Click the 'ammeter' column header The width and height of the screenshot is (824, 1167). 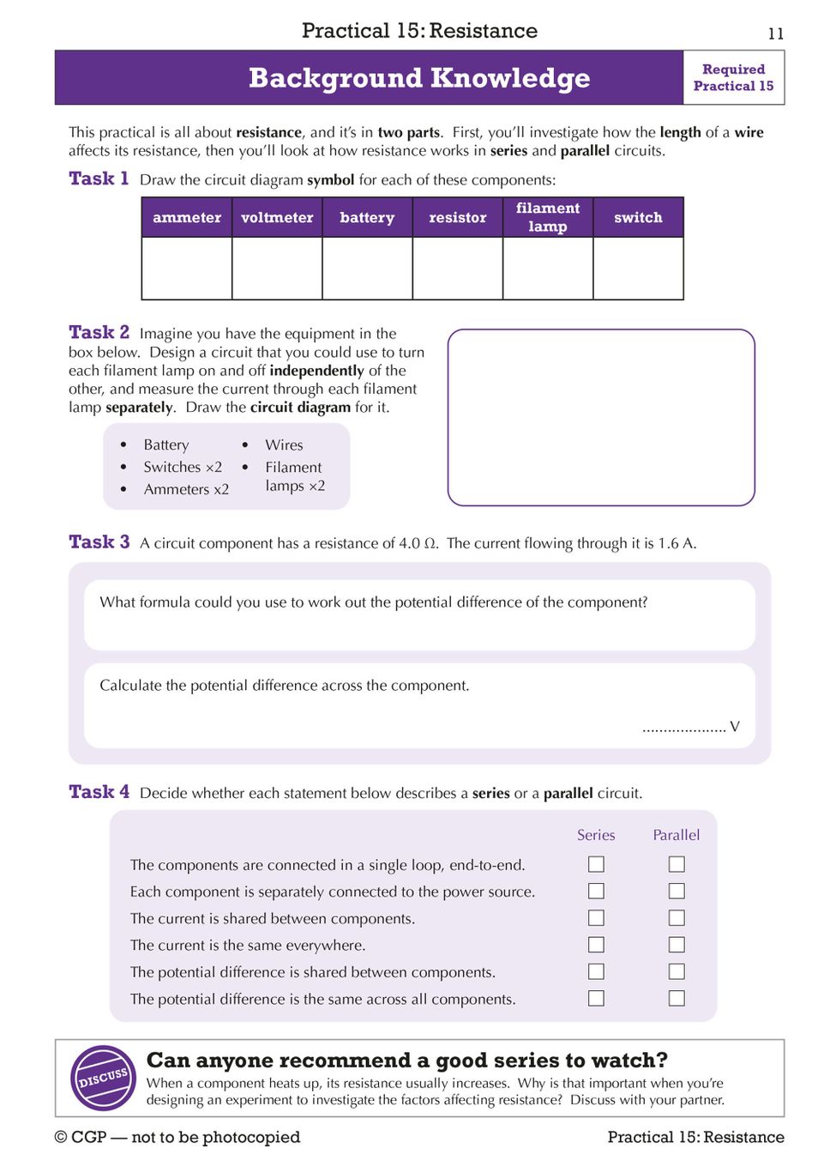click(x=187, y=218)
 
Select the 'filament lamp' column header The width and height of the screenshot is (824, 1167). click(x=548, y=218)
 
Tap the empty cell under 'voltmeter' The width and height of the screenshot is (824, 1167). click(x=277, y=268)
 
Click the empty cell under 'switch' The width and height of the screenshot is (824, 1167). click(x=638, y=268)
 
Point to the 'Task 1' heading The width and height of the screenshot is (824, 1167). click(x=99, y=178)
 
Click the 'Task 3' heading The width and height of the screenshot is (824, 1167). click(x=99, y=542)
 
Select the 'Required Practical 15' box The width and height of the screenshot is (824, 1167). click(x=733, y=78)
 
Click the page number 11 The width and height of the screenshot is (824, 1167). click(x=776, y=33)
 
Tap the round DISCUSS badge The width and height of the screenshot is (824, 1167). click(x=103, y=1078)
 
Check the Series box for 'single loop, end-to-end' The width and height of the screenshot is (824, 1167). click(x=596, y=864)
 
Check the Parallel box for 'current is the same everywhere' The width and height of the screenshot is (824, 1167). click(x=677, y=945)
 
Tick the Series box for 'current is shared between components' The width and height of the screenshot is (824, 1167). click(x=596, y=918)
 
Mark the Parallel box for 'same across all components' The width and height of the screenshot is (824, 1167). click(x=677, y=999)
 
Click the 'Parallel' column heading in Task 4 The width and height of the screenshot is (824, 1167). click(x=677, y=835)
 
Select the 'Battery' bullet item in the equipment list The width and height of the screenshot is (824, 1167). click(x=166, y=444)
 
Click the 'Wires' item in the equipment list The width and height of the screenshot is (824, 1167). click(x=284, y=444)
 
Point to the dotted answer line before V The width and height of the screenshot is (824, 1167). click(x=683, y=729)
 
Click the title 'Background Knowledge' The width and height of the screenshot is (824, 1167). click(x=419, y=78)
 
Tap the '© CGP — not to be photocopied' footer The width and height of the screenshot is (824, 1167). click(x=177, y=1137)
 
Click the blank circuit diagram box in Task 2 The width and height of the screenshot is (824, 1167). click(x=601, y=417)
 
